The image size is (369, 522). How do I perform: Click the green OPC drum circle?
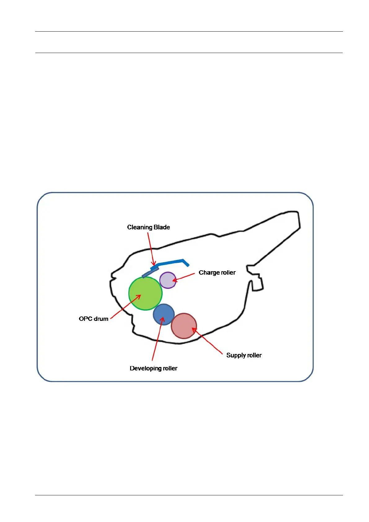pyautogui.click(x=145, y=293)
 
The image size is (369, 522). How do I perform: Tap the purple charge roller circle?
pyautogui.click(x=168, y=280)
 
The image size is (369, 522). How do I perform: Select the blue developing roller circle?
pyautogui.click(x=164, y=314)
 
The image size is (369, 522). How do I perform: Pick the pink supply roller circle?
pyautogui.click(x=184, y=326)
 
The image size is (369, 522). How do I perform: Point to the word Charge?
pyautogui.click(x=209, y=273)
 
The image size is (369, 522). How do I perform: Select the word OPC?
pyautogui.click(x=86, y=319)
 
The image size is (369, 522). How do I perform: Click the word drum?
pyautogui.click(x=101, y=319)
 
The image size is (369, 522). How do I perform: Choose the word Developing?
pyautogui.click(x=145, y=369)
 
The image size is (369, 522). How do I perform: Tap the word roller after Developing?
pyautogui.click(x=170, y=369)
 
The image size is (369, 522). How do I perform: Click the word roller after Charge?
pyautogui.click(x=228, y=273)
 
